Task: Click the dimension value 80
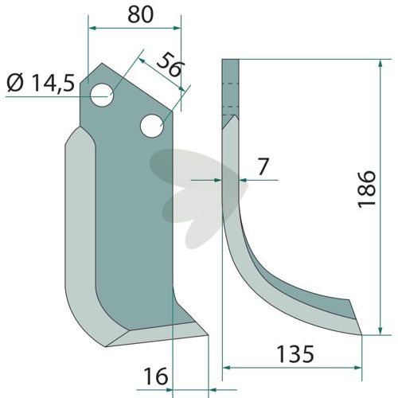(x=141, y=14)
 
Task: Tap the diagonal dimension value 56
(x=170, y=66)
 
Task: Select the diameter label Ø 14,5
(x=41, y=83)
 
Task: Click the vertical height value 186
(x=367, y=189)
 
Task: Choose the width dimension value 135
(x=295, y=354)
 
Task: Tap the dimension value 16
(x=156, y=376)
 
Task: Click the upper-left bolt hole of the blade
(x=102, y=95)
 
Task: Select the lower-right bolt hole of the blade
(x=152, y=126)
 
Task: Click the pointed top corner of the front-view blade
(x=102, y=63)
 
